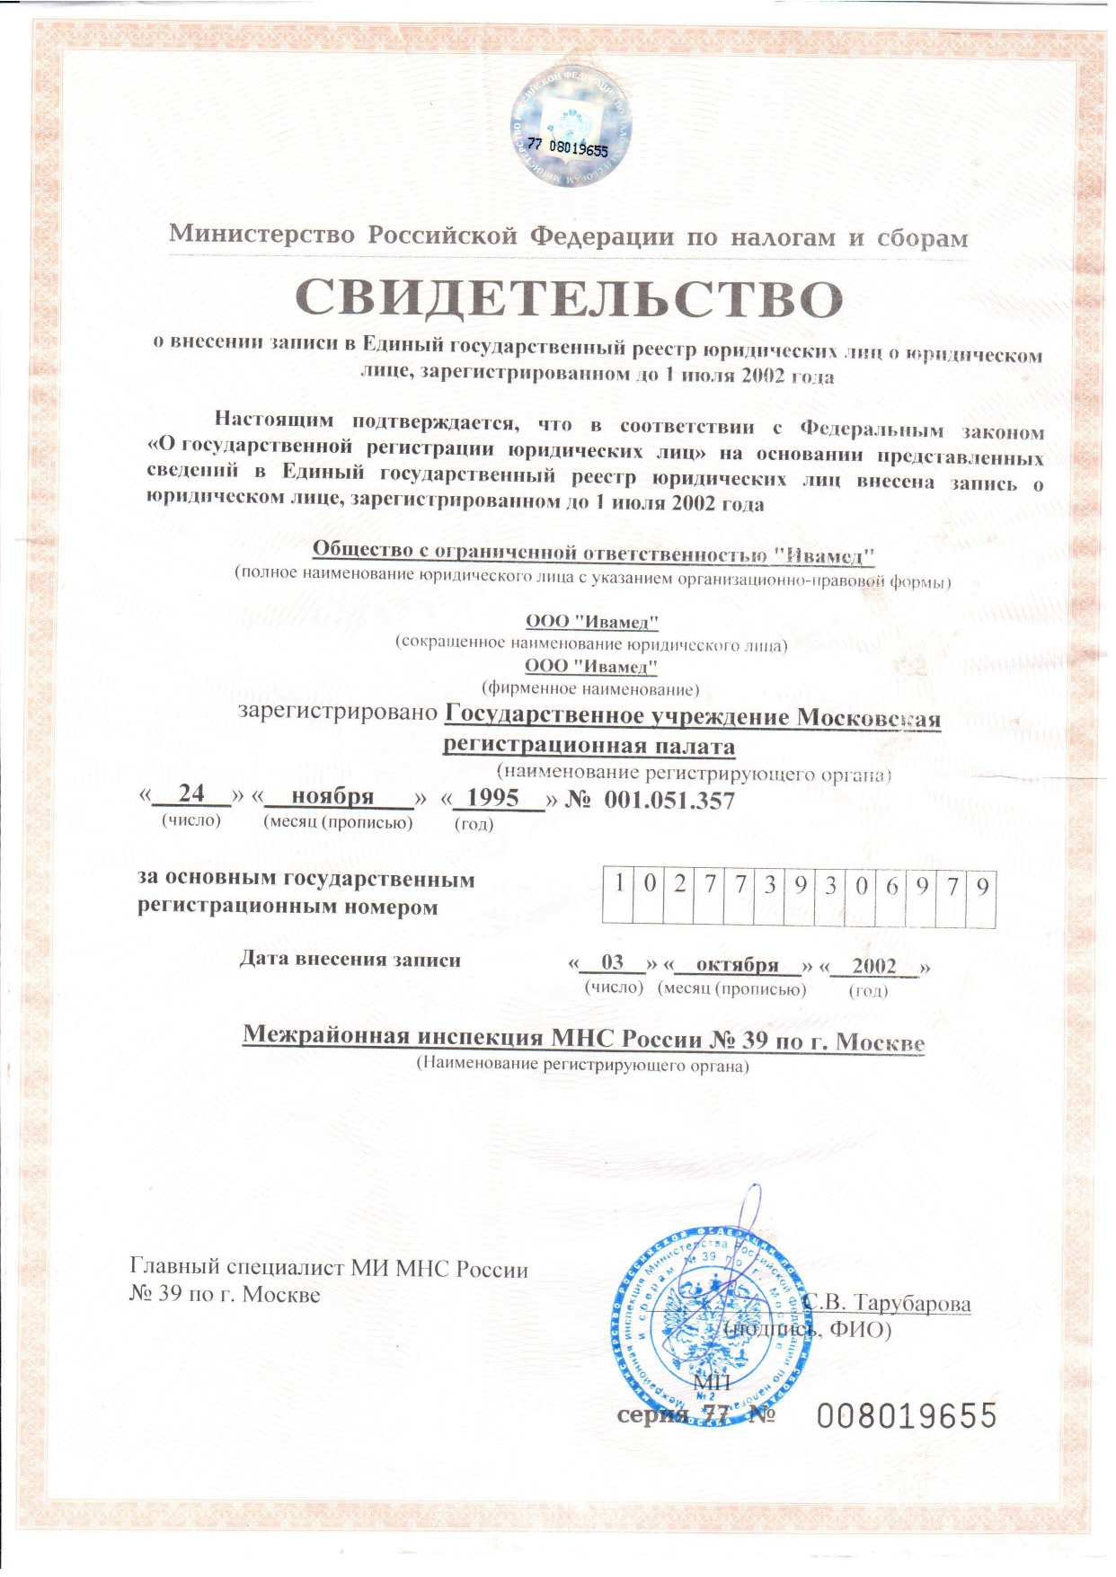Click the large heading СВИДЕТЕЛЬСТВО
click(570, 298)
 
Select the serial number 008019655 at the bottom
click(907, 1416)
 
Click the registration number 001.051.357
click(669, 800)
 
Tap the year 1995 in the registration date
click(493, 797)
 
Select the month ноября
click(332, 796)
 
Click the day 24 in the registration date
click(191, 793)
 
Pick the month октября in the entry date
click(737, 964)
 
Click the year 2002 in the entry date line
click(874, 966)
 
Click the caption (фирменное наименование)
click(590, 689)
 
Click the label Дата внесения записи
click(350, 960)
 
